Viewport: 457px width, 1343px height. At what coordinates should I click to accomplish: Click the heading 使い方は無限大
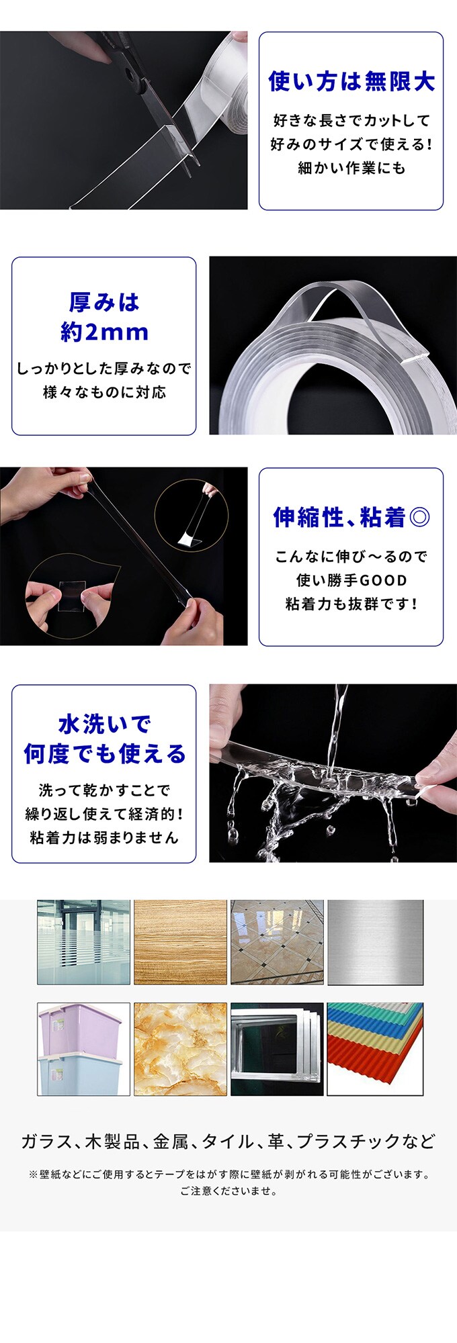point(351,81)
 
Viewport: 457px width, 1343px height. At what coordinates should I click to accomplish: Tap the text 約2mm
point(104,332)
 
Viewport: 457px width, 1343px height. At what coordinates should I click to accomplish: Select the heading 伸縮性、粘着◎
point(351,517)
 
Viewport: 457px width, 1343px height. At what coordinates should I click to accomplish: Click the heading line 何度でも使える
point(104,753)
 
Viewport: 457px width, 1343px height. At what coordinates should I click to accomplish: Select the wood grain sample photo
point(180,942)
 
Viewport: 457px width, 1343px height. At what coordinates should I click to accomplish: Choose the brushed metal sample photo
point(375,942)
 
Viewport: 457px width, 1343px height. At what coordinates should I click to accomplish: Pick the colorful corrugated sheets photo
point(375,1049)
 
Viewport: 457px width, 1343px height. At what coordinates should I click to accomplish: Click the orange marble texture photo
point(180,1049)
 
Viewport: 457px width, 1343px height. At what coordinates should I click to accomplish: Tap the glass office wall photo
point(83,942)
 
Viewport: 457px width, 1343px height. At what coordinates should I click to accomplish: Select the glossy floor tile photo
point(277,942)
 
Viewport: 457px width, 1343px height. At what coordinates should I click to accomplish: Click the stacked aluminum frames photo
point(277,1049)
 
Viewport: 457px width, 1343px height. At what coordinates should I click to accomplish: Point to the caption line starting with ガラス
point(229,1141)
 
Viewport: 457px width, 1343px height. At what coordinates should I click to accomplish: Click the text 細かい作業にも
point(351,168)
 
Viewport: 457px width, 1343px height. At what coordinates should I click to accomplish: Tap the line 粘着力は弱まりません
point(104,837)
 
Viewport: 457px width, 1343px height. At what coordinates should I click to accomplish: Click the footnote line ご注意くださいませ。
point(229,1191)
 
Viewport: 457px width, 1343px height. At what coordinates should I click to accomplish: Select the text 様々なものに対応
point(104,392)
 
